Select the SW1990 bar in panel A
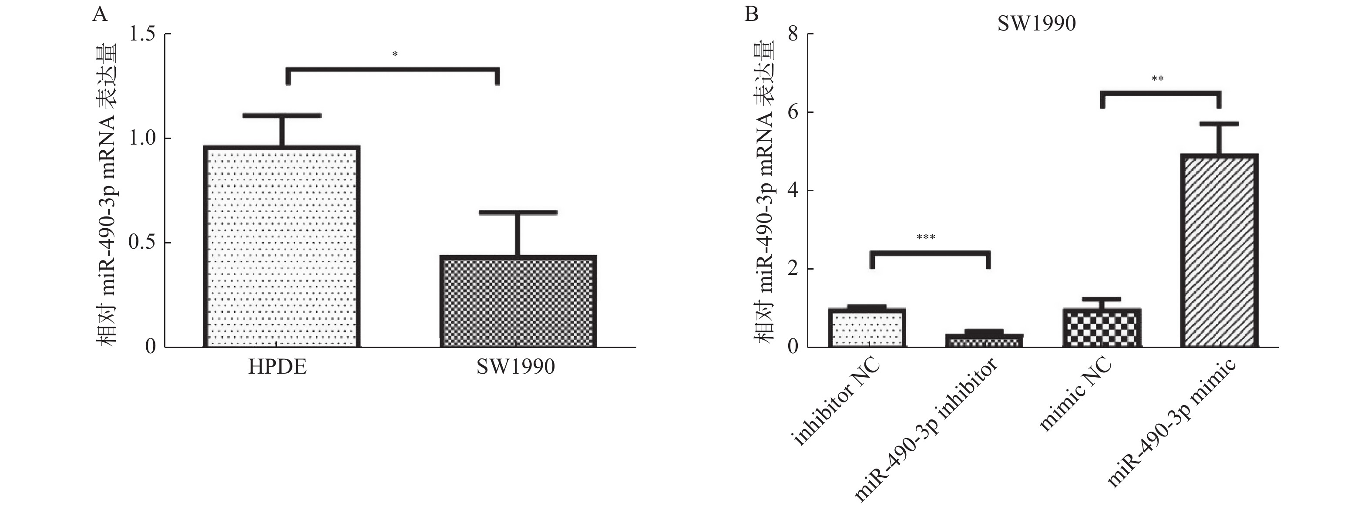(518, 302)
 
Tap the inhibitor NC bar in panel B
(867, 328)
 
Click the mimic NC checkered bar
(1102, 328)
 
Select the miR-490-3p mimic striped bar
(1219, 251)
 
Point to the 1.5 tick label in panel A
(141, 34)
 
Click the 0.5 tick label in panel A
(141, 243)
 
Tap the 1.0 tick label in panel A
(141, 138)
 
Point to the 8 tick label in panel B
(793, 34)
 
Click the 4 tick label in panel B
(793, 191)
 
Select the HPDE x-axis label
(277, 367)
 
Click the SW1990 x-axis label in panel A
(515, 367)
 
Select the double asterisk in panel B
(1157, 80)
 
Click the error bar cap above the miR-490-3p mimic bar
(1219, 124)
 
